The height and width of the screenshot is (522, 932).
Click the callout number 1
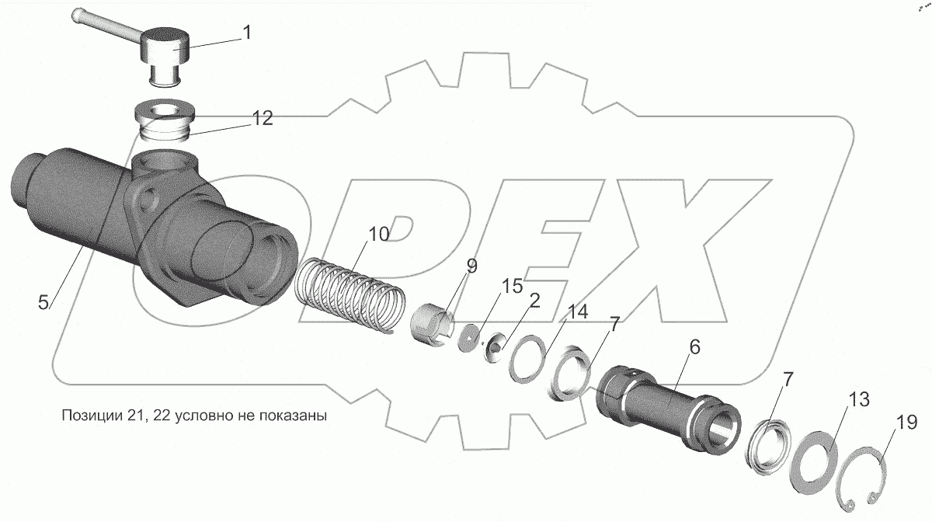(247, 33)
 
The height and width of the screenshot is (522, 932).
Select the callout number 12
(263, 119)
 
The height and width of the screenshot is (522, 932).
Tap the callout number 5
(43, 302)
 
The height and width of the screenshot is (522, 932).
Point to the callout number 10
(379, 235)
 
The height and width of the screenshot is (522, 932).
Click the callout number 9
(472, 266)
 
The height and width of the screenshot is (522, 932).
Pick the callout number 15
(512, 287)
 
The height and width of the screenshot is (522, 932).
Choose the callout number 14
(578, 311)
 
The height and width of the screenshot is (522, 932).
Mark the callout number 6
(694, 347)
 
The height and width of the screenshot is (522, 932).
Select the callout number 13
(859, 399)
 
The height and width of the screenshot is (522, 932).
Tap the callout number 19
(906, 423)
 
